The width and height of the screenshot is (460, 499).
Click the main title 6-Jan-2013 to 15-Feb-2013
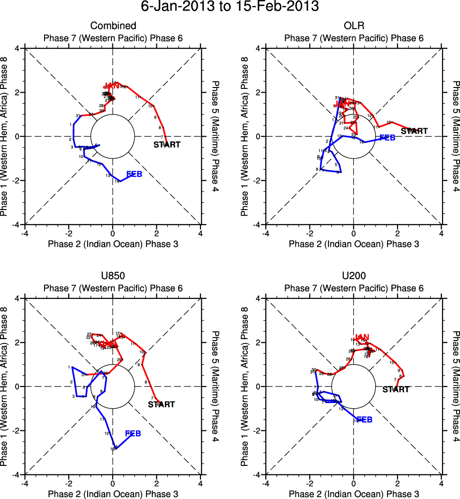[230, 7]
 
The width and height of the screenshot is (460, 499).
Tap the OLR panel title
[353, 26]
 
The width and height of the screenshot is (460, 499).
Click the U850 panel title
[113, 276]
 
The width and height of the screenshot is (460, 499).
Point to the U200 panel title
[353, 276]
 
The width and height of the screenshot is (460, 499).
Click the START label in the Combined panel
[167, 145]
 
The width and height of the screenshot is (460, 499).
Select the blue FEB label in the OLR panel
[388, 138]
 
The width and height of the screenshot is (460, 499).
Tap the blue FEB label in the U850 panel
[133, 434]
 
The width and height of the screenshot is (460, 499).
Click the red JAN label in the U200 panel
[362, 337]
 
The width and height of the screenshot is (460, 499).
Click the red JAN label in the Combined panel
[111, 86]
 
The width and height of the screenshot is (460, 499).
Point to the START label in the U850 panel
[162, 404]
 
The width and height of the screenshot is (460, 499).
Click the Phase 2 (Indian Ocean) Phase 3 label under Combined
[113, 244]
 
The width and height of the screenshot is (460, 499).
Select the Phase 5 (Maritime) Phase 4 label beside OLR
[456, 136]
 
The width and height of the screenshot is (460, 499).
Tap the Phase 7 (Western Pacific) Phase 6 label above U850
[113, 288]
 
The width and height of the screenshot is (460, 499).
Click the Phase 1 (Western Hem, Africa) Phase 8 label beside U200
[244, 386]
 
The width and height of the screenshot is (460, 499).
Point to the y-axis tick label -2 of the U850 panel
[15, 430]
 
